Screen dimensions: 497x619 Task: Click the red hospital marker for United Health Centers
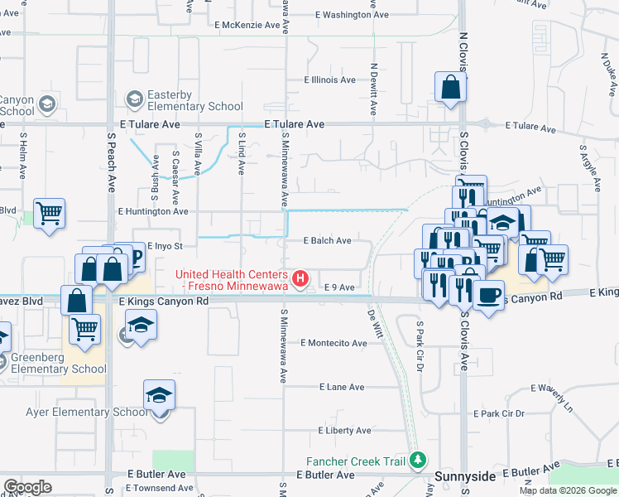pyautogui.click(x=301, y=277)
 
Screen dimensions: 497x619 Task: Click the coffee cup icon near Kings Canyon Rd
pyautogui.click(x=488, y=293)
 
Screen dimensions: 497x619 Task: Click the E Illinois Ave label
pyautogui.click(x=329, y=80)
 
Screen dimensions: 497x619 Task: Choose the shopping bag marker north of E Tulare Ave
pyautogui.click(x=449, y=87)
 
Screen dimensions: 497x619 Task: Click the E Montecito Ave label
pyautogui.click(x=333, y=343)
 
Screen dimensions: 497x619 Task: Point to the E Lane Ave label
pyautogui.click(x=342, y=387)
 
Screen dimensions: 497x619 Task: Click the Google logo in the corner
pyautogui.click(x=27, y=486)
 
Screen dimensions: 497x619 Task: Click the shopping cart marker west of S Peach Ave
pyautogui.click(x=49, y=213)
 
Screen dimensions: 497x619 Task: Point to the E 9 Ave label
pyautogui.click(x=339, y=287)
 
